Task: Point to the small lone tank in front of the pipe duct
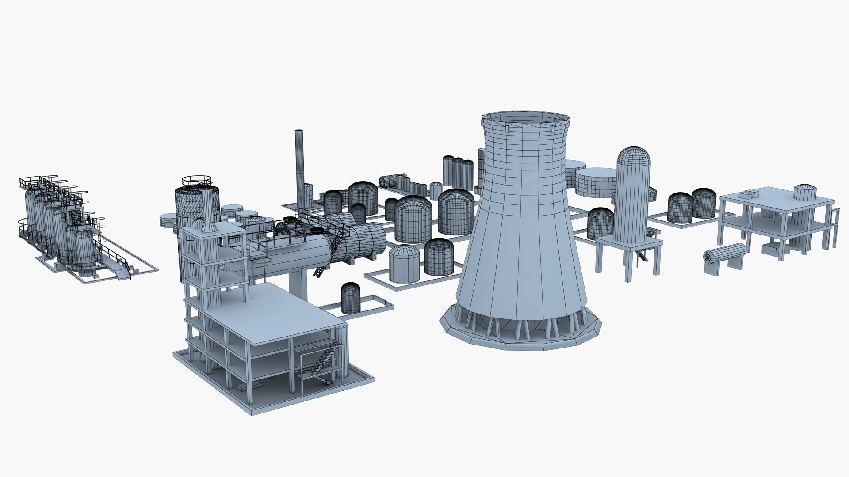point(351,298)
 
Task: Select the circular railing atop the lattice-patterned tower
point(198,181)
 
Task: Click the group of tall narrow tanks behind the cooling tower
point(458,173)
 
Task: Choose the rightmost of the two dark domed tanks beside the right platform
point(704,204)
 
